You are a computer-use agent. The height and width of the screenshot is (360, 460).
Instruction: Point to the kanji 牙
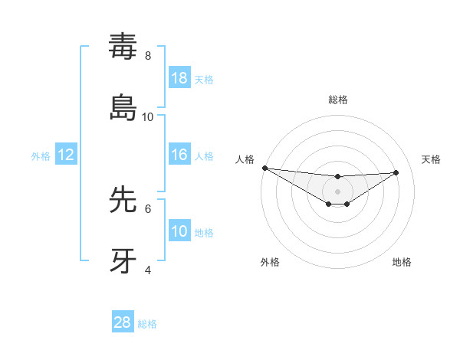coord(123,260)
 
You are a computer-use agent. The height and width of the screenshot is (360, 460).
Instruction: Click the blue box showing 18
coord(179,77)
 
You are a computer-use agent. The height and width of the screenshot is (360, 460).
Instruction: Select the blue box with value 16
coord(179,155)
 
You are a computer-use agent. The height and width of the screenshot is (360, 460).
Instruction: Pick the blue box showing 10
coord(179,231)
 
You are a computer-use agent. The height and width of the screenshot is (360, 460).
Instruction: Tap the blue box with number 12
coord(66,155)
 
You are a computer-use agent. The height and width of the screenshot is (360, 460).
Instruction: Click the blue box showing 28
coord(123,322)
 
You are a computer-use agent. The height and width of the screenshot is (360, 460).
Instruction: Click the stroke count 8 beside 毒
coord(148,56)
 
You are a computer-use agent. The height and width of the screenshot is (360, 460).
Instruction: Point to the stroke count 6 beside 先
coord(148,208)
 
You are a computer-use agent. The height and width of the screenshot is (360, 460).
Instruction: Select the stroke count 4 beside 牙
coord(148,270)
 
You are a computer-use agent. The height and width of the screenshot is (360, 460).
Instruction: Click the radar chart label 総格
coord(338,100)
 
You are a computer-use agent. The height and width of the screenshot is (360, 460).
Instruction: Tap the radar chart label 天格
coord(431,159)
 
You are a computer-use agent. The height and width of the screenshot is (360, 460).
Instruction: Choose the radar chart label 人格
coord(245,159)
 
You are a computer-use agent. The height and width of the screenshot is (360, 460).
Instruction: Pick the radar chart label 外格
coord(270,262)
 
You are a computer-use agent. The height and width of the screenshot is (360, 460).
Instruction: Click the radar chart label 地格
coord(402,262)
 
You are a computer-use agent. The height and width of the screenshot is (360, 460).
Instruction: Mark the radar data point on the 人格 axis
coord(264,168)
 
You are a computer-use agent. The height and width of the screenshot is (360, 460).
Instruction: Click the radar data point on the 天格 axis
coord(396,172)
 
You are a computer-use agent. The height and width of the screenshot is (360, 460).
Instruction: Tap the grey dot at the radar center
coord(337,191)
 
